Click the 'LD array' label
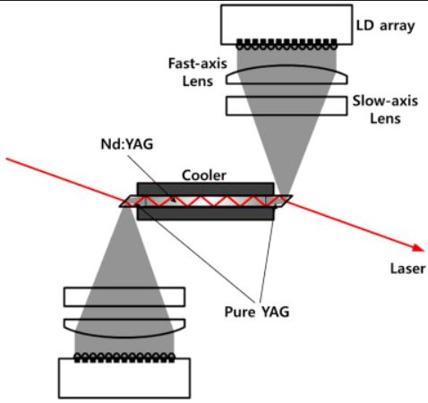click(385, 26)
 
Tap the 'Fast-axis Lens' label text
click(198, 73)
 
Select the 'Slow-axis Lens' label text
click(385, 110)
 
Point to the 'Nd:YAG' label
click(127, 144)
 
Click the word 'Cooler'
click(204, 176)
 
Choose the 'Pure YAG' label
click(257, 312)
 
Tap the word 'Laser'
click(407, 269)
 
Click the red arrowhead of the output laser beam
click(418, 248)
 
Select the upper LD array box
click(287, 25)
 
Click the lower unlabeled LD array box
click(124, 378)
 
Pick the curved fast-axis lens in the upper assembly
click(287, 74)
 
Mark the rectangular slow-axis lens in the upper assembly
click(287, 106)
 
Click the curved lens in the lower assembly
click(124, 328)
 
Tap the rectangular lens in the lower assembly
click(124, 297)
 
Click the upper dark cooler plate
click(205, 189)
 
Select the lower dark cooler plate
click(205, 214)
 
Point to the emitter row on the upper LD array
click(287, 45)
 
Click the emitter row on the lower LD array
click(124, 357)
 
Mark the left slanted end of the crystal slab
click(130, 201)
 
